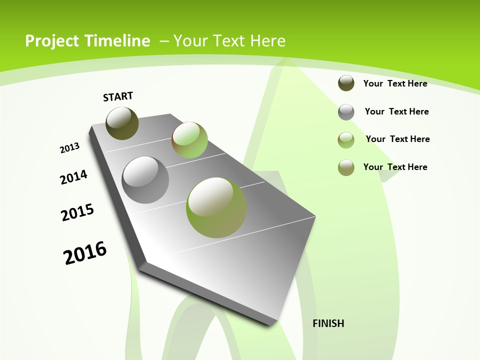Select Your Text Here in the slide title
coord(229,41)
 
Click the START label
coord(118,96)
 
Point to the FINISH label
coord(328,323)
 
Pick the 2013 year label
coord(69,148)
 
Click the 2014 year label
coord(73,177)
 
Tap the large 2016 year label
coord(85,252)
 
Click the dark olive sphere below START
coord(122,123)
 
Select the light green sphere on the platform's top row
coord(189,140)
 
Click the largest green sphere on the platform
coord(216,207)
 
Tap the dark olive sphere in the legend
coord(346,83)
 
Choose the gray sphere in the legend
coord(346,112)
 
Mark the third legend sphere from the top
coord(346,140)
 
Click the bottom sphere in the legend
coord(346,167)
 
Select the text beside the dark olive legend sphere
coord(395,83)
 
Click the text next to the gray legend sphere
coord(396,111)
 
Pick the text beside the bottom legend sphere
coord(395,167)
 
